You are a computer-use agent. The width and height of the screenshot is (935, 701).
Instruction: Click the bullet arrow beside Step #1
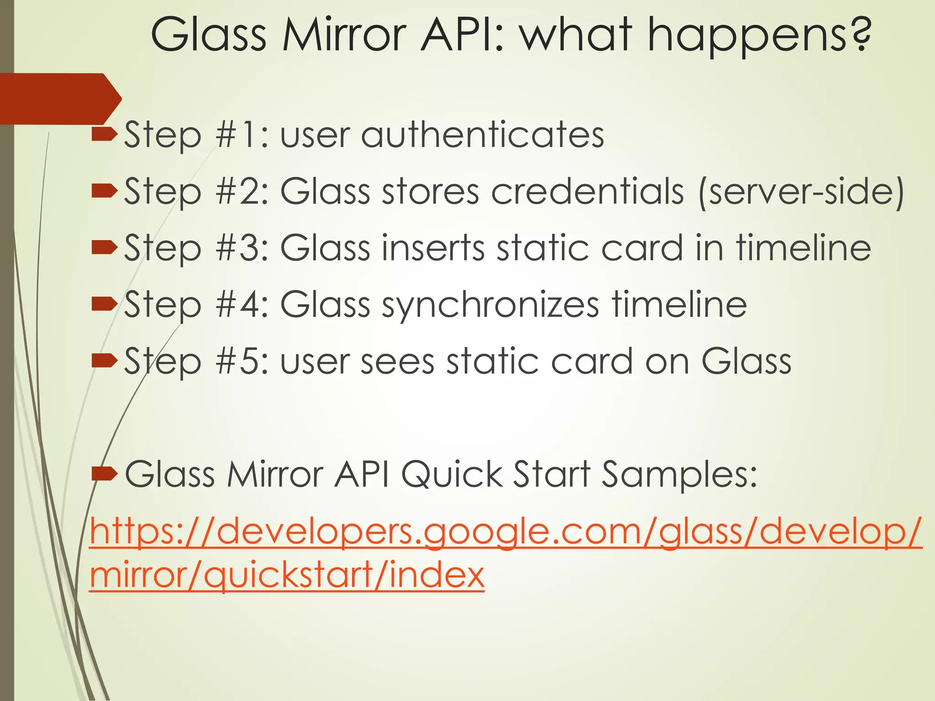click(105, 134)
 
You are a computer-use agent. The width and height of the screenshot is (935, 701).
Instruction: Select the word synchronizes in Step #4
click(490, 305)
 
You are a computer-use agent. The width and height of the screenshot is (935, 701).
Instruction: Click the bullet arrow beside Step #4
click(105, 303)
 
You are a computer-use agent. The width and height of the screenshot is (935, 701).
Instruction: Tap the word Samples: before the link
click(679, 475)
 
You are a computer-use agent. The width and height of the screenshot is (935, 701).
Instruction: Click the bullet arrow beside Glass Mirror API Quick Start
click(105, 474)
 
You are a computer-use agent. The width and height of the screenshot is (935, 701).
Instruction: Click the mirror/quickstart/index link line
click(287, 575)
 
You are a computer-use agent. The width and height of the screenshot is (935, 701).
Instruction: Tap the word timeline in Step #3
click(803, 248)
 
